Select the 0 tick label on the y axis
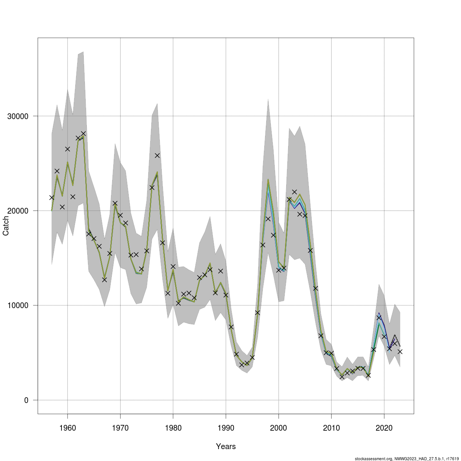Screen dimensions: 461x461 coord(27,400)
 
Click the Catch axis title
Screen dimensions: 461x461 coord(6,226)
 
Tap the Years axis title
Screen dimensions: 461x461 coord(226,446)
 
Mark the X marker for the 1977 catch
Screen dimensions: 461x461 coord(157,155)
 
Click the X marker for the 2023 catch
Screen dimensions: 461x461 coord(400,352)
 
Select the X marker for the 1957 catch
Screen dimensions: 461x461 coord(52,197)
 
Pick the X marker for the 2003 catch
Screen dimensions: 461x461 coord(294,192)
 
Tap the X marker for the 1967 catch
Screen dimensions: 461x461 coord(104,280)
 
